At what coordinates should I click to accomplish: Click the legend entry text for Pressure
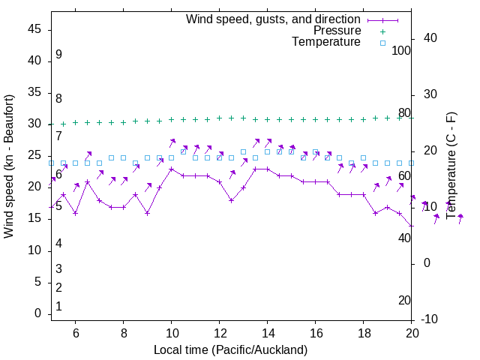click(x=337, y=31)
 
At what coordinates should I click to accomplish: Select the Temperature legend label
click(x=326, y=42)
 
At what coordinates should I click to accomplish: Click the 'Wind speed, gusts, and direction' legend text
click(x=273, y=19)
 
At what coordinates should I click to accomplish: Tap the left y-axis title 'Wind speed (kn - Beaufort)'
click(x=9, y=166)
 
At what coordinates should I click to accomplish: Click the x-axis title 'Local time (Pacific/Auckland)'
click(x=230, y=349)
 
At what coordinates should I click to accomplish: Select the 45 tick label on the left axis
click(x=34, y=29)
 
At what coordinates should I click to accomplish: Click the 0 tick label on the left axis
click(x=37, y=313)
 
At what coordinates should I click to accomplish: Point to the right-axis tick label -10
click(x=429, y=319)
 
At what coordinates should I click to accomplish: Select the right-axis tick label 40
click(x=430, y=38)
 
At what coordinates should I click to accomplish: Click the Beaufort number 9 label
click(x=58, y=55)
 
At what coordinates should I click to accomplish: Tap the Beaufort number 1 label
click(x=58, y=307)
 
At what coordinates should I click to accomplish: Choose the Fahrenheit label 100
click(x=401, y=51)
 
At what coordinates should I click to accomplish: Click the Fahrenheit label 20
click(x=404, y=301)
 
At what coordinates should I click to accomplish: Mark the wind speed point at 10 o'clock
click(x=171, y=169)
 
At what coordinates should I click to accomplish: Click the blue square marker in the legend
click(x=382, y=43)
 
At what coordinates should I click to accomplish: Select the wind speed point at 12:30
click(x=231, y=200)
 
